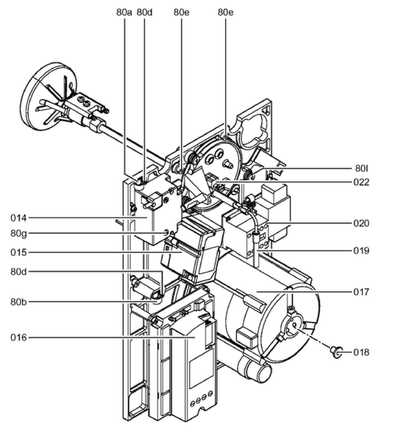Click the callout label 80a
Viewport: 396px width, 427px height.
tap(124, 13)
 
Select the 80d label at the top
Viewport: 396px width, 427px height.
tap(144, 13)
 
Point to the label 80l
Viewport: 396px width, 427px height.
tap(361, 169)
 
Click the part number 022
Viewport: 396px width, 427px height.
tap(361, 182)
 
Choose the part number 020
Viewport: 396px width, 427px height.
tap(361, 224)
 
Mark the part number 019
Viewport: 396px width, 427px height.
tap(361, 251)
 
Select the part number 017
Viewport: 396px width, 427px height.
tap(361, 292)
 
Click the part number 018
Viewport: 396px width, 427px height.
tap(361, 352)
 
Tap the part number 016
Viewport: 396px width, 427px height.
tap(19, 337)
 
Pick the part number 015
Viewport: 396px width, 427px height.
tap(19, 253)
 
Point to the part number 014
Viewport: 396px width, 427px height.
tap(19, 218)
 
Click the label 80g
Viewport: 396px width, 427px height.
tap(19, 233)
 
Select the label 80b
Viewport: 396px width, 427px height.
tap(19, 302)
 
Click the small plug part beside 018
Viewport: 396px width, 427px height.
tap(336, 351)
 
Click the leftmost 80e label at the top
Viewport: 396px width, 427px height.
tap(181, 13)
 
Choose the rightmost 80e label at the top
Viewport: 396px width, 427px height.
tap(225, 13)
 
